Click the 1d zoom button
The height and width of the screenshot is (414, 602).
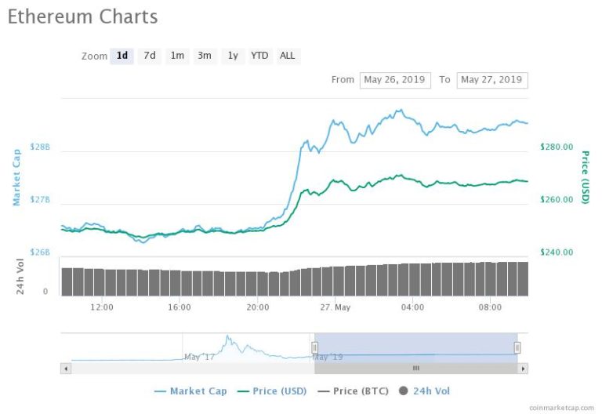pyautogui.click(x=122, y=56)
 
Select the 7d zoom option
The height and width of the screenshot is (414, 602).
pyautogui.click(x=150, y=56)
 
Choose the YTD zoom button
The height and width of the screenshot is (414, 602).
pyautogui.click(x=259, y=56)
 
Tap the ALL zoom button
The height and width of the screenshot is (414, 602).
pyautogui.click(x=288, y=56)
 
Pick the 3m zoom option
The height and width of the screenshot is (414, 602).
pyautogui.click(x=205, y=56)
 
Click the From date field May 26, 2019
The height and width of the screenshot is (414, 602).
pyautogui.click(x=395, y=80)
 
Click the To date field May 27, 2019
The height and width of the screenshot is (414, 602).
pyautogui.click(x=492, y=80)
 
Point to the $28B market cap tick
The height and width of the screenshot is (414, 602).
pyautogui.click(x=40, y=147)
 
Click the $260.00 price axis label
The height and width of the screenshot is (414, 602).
pyautogui.click(x=557, y=200)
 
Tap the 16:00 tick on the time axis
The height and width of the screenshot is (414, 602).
pyautogui.click(x=180, y=307)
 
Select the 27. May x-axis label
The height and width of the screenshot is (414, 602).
pyautogui.click(x=335, y=307)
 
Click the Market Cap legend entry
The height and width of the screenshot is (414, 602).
pyautogui.click(x=190, y=391)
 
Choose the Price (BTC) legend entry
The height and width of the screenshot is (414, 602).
pyautogui.click(x=354, y=391)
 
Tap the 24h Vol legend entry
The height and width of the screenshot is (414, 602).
pyautogui.click(x=424, y=391)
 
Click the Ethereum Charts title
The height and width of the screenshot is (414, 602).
pyautogui.click(x=82, y=17)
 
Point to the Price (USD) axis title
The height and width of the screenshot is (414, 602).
pyautogui.click(x=585, y=177)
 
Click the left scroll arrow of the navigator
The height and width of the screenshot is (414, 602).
pyautogui.click(x=66, y=369)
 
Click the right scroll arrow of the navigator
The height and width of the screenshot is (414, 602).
pyautogui.click(x=523, y=369)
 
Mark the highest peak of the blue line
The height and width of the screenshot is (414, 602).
pyautogui.click(x=401, y=110)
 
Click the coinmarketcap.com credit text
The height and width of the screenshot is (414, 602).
pyautogui.click(x=561, y=408)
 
